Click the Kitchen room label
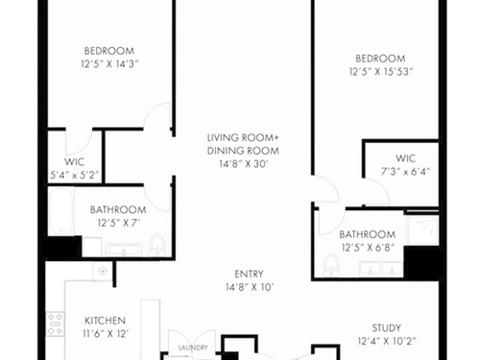(x=105, y=321)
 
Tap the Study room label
(x=387, y=328)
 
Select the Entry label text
(x=249, y=274)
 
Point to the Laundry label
(x=193, y=348)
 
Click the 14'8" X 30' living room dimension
(x=243, y=164)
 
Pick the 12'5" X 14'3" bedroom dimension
(x=109, y=64)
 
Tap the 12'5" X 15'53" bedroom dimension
(x=381, y=72)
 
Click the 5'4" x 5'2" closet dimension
(x=74, y=175)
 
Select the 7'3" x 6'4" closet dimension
(x=405, y=172)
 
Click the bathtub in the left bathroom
(x=61, y=211)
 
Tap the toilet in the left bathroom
(x=156, y=245)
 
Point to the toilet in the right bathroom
(x=331, y=265)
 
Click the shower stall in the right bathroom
(x=421, y=228)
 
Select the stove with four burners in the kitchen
(x=56, y=324)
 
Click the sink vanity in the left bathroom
(x=124, y=250)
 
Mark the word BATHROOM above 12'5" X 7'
(x=118, y=210)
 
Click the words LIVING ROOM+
(x=243, y=137)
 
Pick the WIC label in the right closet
(x=405, y=158)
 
